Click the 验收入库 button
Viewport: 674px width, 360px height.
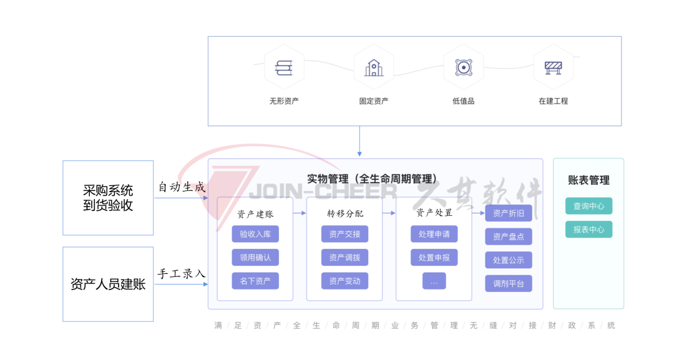pyautogui.click(x=255, y=234)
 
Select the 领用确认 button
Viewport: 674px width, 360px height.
pyautogui.click(x=255, y=257)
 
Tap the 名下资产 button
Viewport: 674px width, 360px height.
pyautogui.click(x=255, y=281)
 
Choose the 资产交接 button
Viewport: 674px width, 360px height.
pyautogui.click(x=344, y=234)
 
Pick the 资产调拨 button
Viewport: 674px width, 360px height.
pyautogui.click(x=344, y=257)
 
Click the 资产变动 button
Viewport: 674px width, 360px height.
pyautogui.click(x=344, y=281)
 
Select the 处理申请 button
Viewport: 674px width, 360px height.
pyautogui.click(x=434, y=234)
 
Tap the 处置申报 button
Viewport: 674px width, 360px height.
pyautogui.click(x=434, y=257)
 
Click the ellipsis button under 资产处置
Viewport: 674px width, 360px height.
pyautogui.click(x=434, y=281)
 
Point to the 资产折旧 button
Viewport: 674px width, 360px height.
pyautogui.click(x=509, y=213)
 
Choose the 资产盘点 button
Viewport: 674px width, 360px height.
pyautogui.click(x=509, y=236)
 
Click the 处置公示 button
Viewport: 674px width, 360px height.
pyautogui.click(x=509, y=260)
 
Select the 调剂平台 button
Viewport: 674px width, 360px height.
pyautogui.click(x=509, y=283)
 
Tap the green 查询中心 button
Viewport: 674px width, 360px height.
pyautogui.click(x=589, y=206)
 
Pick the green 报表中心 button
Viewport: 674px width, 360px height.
pyautogui.click(x=589, y=229)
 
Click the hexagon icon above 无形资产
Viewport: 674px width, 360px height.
pyautogui.click(x=284, y=67)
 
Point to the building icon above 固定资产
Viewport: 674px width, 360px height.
pyautogui.click(x=374, y=67)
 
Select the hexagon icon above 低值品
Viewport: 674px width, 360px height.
pyautogui.click(x=464, y=67)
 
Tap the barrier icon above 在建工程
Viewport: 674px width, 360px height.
pyautogui.click(x=554, y=67)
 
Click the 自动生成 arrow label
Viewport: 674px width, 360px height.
pyautogui.click(x=181, y=187)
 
